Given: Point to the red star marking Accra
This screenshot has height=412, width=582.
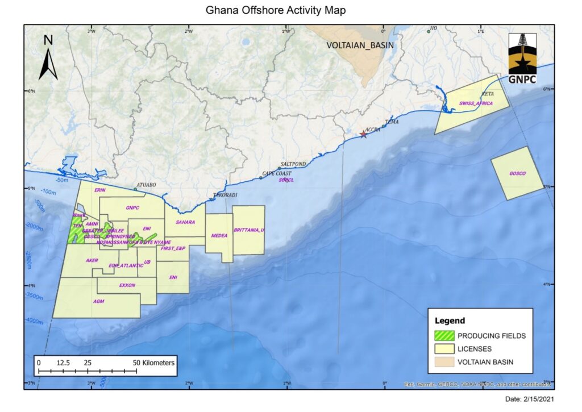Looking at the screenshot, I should pos(364,134).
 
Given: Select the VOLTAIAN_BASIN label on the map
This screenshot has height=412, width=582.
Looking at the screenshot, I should pos(360,45).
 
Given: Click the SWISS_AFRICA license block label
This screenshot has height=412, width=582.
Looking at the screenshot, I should pos(476,103).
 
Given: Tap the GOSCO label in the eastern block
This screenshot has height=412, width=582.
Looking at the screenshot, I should pos(517,173).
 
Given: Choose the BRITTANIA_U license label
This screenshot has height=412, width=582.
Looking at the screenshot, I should pos(250,230).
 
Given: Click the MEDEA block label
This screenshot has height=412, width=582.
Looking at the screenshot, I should pos(219,235).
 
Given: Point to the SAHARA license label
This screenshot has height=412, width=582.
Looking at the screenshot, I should pos(185,222).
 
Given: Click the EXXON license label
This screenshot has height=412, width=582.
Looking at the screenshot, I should pos(127,285).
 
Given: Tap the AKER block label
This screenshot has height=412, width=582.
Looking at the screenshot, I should pos(92,260).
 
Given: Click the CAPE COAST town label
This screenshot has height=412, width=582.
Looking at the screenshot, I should pos(276,173).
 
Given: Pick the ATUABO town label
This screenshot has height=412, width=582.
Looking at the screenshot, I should pos(145,185).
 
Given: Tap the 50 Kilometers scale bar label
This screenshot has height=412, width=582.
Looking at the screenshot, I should pos(154,362).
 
